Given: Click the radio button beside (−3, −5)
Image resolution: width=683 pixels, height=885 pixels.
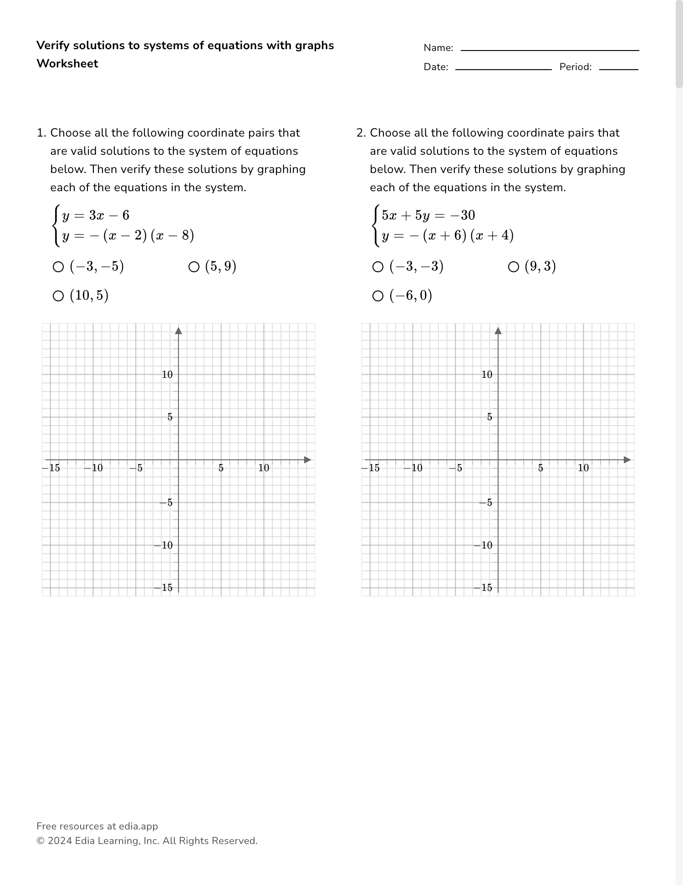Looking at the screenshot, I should point(58,267).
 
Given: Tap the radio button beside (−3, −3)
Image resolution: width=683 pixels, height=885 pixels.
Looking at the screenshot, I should point(378,267).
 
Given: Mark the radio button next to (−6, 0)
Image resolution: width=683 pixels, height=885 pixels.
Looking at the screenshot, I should point(378,296).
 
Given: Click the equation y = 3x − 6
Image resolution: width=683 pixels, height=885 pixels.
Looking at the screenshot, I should point(96,215).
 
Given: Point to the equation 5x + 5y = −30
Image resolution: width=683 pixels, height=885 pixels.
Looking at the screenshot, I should point(428,215).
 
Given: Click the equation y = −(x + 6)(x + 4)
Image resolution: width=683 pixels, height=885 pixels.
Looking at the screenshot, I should point(448,235).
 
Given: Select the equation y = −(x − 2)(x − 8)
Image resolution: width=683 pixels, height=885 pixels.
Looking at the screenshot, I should point(128,235).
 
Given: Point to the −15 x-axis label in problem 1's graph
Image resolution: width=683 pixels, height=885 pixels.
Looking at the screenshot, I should point(51,468).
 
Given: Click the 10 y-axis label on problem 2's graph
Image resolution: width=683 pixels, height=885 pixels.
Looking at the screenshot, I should point(487,375).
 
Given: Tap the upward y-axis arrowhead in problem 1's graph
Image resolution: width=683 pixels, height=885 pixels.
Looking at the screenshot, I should point(178,331).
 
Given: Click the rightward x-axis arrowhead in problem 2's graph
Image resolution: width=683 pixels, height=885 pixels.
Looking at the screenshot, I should point(627,460).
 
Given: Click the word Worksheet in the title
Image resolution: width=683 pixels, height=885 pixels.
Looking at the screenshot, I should point(67,64).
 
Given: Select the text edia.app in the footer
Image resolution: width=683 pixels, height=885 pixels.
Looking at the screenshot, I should point(138,826).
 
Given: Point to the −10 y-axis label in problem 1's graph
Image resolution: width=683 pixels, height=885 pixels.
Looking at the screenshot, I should point(164,545).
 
